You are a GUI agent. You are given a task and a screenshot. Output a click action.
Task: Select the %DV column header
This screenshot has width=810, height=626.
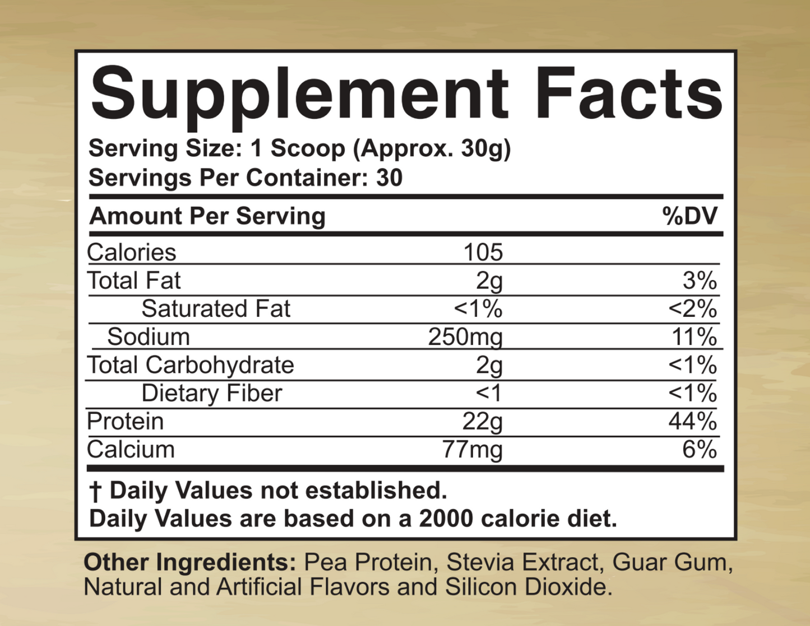pos(689,216)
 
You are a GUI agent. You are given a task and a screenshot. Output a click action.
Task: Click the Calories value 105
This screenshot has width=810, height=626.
pos(483,253)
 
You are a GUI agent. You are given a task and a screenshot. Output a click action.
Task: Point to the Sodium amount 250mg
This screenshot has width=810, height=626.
pos(465,337)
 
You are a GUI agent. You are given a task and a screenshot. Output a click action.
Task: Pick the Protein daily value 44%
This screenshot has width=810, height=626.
pos(692,421)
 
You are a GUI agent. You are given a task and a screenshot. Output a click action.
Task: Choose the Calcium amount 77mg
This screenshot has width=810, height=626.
pos(472,450)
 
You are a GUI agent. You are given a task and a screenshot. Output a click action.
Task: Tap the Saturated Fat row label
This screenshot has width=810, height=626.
pos(216,309)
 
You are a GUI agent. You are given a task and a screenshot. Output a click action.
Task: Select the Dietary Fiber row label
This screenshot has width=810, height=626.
pos(211,393)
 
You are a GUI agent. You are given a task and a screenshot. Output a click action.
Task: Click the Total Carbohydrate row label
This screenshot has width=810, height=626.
pos(191,365)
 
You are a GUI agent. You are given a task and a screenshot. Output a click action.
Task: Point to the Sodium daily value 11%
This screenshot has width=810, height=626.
pos(694,337)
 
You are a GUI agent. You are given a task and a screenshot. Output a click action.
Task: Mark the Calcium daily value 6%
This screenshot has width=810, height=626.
pos(699,450)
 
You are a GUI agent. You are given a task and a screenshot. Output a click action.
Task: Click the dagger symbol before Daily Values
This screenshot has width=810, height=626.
pos(95,492)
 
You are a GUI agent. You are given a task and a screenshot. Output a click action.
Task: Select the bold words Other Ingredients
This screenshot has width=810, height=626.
pos(189,562)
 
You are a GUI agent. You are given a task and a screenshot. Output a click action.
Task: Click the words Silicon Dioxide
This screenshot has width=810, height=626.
pos(526,587)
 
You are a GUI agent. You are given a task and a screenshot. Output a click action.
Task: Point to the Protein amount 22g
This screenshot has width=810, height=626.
pos(482,422)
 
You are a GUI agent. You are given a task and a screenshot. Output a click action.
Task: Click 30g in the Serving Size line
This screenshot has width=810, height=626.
pos(483,148)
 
